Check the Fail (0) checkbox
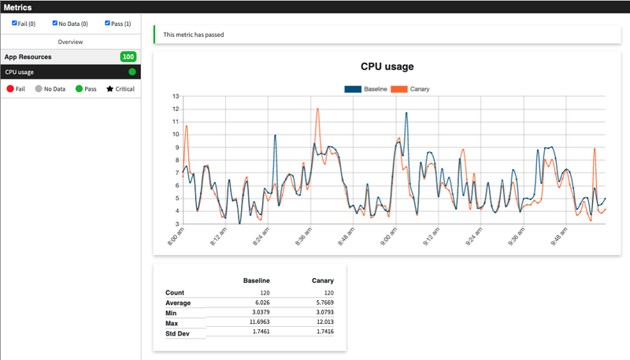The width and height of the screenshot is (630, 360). [x=15, y=24]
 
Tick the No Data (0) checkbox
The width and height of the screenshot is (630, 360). [x=55, y=24]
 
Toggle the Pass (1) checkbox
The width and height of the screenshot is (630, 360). [x=108, y=24]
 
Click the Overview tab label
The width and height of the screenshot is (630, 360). [x=70, y=41]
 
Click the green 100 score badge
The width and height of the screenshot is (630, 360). [x=128, y=57]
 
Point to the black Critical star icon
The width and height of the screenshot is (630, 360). [x=110, y=89]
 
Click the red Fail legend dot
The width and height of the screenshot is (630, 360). [x=10, y=89]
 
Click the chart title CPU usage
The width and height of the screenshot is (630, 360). [x=387, y=67]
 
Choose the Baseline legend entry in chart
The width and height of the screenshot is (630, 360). [x=366, y=89]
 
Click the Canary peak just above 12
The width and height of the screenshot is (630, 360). [x=317, y=109]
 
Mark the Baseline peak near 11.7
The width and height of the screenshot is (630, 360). [x=406, y=113]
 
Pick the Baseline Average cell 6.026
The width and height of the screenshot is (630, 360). [x=257, y=302]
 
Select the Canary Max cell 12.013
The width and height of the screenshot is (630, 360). [x=321, y=323]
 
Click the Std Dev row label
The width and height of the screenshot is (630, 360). [x=179, y=334]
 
